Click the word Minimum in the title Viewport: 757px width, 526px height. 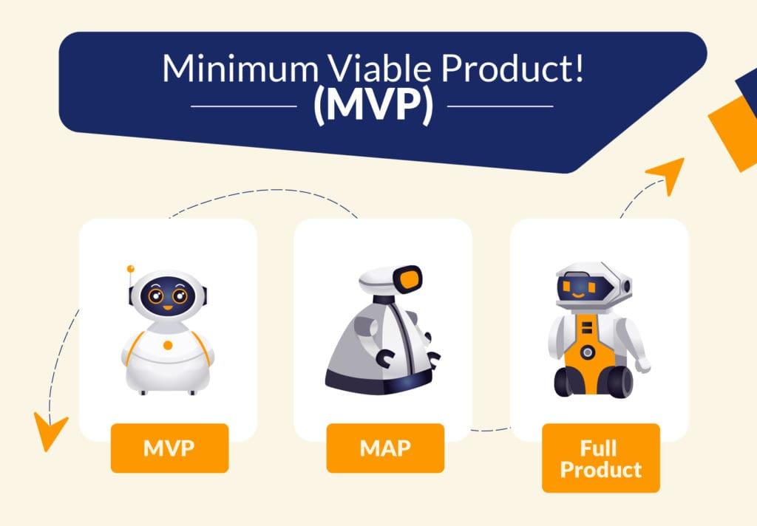click(240, 68)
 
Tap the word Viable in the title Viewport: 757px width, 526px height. click(378, 68)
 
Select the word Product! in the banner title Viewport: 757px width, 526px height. click(512, 68)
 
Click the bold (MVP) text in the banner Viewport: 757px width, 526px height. click(373, 106)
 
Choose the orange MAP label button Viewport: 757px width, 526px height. click(385, 448)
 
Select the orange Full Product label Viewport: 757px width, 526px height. click(601, 458)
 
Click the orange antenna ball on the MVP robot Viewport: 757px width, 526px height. click(130, 268)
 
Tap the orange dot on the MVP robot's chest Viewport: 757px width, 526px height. click(168, 345)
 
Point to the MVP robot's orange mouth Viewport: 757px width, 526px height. click(168, 307)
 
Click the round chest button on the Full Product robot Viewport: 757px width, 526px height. click(587, 352)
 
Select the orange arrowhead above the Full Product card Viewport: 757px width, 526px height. click(667, 174)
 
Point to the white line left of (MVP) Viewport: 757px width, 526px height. click(244, 106)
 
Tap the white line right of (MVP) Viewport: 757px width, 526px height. click(500, 106)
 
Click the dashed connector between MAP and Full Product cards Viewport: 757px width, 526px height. click(491, 429)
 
